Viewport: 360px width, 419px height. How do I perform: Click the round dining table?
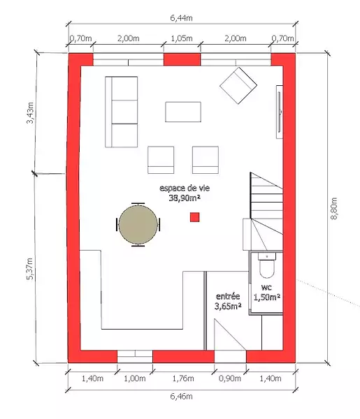[138, 224]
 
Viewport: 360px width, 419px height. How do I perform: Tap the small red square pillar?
[195, 217]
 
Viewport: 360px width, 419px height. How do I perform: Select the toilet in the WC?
[266, 265]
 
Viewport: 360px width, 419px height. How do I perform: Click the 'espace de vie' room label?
[185, 188]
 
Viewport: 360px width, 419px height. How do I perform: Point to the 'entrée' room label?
[228, 296]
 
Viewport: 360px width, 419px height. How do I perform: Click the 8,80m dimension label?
[334, 208]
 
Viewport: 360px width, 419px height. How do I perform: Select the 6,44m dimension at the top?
[181, 18]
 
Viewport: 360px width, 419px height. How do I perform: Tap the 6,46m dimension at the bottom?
[181, 396]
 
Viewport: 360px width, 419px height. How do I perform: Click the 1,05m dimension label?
[182, 38]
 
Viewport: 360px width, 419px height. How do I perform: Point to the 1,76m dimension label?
[183, 378]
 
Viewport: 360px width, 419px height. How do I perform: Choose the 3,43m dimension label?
[30, 112]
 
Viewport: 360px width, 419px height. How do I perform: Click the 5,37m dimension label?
[29, 269]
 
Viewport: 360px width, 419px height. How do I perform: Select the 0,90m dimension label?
[230, 378]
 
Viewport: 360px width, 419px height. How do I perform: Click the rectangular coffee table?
[183, 112]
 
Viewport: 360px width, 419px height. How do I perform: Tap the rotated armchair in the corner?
[238, 85]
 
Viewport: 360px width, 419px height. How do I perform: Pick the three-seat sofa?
[122, 112]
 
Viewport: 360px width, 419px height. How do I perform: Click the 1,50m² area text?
[266, 297]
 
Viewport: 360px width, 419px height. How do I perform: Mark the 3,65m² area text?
[228, 306]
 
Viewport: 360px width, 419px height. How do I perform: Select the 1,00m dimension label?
[135, 378]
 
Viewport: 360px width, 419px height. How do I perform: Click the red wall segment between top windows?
[182, 59]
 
